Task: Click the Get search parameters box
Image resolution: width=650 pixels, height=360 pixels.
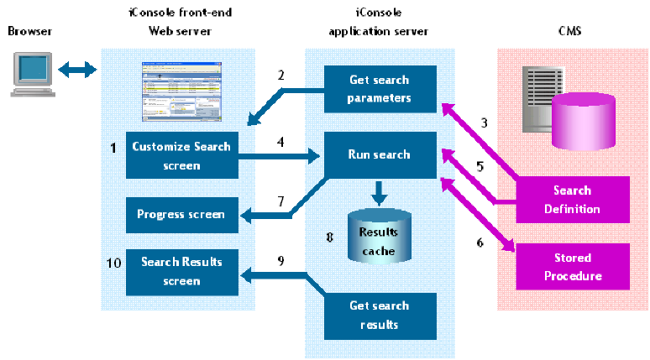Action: click(380, 89)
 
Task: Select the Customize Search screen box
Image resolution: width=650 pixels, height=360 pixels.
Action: click(181, 155)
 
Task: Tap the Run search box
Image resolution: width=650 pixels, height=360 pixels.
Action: click(380, 154)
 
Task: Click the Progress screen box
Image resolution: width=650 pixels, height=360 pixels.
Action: click(181, 215)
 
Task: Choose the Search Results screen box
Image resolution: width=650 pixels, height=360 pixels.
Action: click(181, 271)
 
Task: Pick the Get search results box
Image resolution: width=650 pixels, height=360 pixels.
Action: click(380, 314)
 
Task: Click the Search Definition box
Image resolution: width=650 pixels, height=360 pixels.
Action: click(572, 200)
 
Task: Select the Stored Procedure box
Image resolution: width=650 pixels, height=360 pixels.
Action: click(572, 267)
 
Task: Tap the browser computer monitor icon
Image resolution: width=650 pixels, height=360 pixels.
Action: click(30, 71)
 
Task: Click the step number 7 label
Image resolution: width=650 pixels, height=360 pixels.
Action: click(281, 201)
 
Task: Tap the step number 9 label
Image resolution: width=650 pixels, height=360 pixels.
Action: click(281, 261)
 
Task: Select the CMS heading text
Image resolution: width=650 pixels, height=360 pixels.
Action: click(569, 31)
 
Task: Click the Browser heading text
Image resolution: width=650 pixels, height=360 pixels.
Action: click(29, 31)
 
